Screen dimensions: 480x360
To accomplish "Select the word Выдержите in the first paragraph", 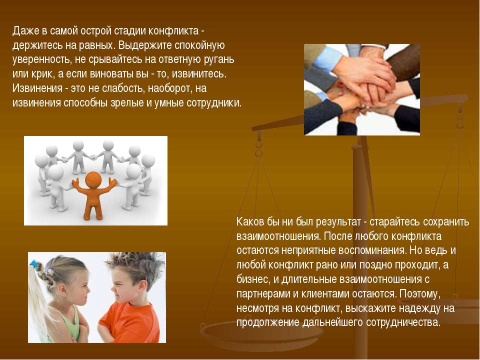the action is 144,45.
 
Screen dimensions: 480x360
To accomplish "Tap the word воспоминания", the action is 373,250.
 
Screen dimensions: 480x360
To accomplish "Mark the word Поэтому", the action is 420,293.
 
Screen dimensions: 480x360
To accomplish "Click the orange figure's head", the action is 93,179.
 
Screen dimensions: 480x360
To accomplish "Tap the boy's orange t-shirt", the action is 131,321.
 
